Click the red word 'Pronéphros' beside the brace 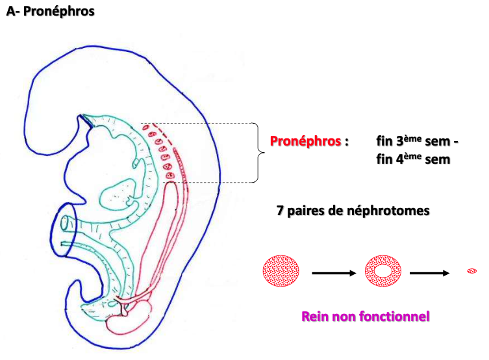[305, 141]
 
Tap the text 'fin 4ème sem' [412, 159]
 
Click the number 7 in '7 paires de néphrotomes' [281, 211]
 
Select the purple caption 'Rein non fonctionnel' [366, 317]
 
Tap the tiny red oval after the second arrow [472, 270]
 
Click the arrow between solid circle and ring [334, 273]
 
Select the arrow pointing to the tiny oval [430, 273]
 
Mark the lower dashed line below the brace [214, 183]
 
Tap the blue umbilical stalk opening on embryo [64, 224]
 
